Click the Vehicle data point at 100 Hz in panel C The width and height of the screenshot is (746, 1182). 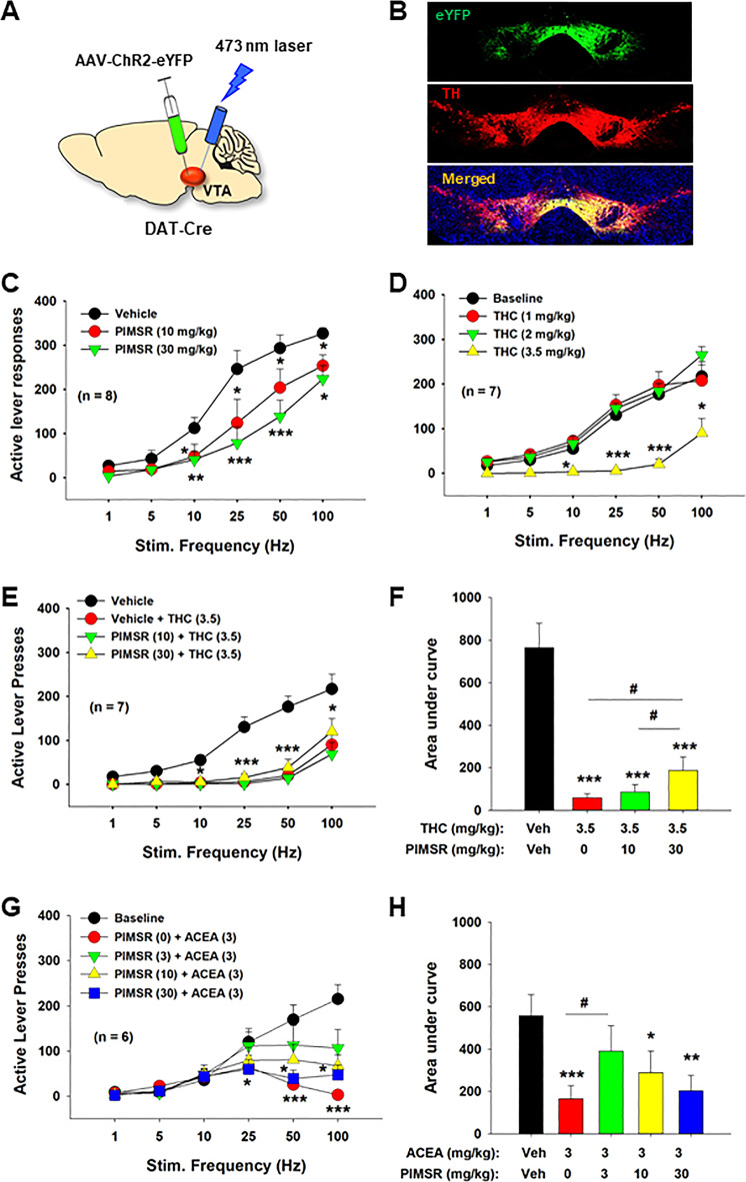[x=323, y=333]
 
